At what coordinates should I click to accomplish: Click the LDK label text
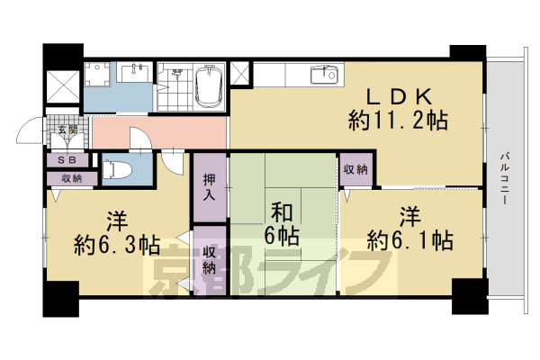coord(400,96)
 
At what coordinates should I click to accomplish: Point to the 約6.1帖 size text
coord(409,240)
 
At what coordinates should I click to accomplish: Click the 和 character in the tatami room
coord(282,212)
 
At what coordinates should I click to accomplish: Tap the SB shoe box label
coord(67,160)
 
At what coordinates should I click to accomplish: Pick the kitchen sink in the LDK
coord(324,76)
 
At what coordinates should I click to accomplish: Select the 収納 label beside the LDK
coord(355,169)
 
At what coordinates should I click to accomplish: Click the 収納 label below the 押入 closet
coord(209,259)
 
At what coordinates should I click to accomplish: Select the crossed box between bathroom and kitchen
coord(241,74)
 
